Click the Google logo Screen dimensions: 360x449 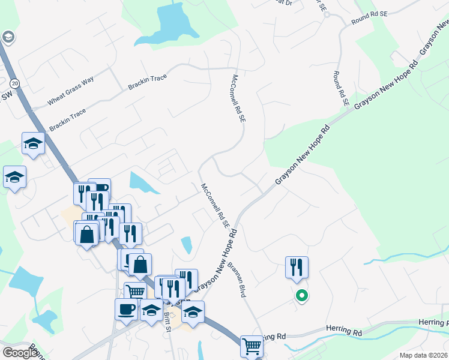click(x=20, y=352)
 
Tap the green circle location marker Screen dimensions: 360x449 click(x=302, y=295)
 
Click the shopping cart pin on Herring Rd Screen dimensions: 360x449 click(x=252, y=346)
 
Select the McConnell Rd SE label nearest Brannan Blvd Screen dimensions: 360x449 click(x=215, y=206)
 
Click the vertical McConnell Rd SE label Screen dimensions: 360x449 click(x=239, y=99)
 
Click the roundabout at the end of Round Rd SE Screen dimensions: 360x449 click(x=326, y=14)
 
